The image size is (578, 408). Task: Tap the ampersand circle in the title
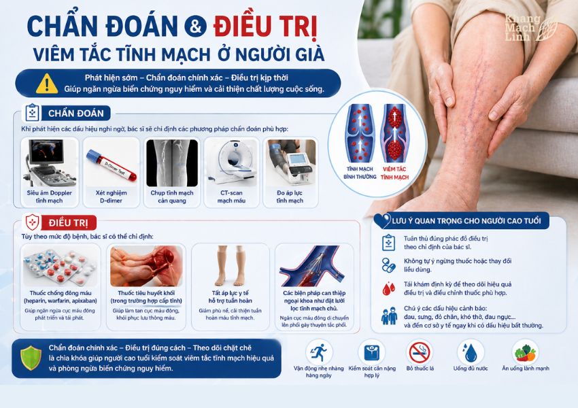[x=195, y=26]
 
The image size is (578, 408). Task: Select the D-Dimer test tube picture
[x=112, y=165]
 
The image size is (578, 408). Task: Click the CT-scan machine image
[x=231, y=163]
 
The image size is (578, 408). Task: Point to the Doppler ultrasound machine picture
[x=50, y=163]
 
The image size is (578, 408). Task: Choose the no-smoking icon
[x=420, y=353]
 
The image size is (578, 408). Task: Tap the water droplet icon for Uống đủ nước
[x=471, y=353]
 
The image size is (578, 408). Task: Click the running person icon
[x=319, y=353]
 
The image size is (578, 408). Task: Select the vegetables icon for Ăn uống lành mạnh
[x=525, y=353]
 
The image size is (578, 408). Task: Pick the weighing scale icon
[x=371, y=353]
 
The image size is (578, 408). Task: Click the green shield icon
[x=31, y=358]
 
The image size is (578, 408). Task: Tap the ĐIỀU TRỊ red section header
[x=69, y=223]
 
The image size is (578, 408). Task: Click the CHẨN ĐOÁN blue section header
[x=76, y=113]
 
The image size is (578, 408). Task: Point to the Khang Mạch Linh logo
[x=531, y=28]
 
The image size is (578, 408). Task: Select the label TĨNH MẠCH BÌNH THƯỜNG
[x=360, y=173]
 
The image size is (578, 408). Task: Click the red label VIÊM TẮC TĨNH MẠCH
[x=394, y=173]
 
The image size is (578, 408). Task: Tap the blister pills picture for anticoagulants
[x=61, y=265]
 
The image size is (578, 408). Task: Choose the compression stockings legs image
[x=231, y=265]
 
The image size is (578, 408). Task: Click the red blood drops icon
[x=388, y=288]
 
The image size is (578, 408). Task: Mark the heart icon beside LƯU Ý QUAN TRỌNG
[x=382, y=220]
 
